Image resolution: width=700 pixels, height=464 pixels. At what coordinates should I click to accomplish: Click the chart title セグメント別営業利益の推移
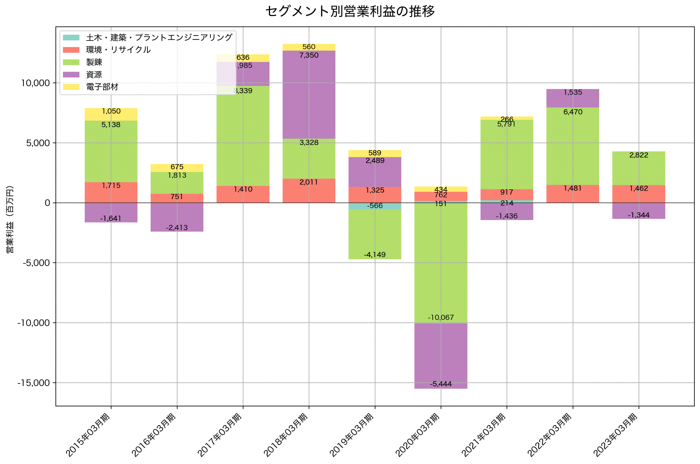click(350, 11)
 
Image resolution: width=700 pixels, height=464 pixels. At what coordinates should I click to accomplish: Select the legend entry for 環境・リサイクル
click(118, 50)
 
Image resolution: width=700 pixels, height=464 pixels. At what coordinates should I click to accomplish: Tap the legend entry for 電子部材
click(102, 87)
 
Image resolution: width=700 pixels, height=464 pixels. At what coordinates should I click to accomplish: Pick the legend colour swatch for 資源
click(71, 75)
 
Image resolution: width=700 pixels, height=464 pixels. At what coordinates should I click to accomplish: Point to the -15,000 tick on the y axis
click(33, 383)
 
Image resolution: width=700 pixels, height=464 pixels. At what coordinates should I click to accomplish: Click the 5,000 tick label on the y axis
click(38, 143)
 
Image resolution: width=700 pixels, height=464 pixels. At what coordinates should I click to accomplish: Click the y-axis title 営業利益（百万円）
click(10, 220)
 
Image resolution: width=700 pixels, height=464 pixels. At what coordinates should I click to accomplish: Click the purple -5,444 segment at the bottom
click(441, 355)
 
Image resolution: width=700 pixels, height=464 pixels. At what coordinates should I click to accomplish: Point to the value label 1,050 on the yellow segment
click(111, 111)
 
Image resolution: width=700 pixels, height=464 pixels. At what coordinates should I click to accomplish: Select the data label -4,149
click(375, 255)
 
